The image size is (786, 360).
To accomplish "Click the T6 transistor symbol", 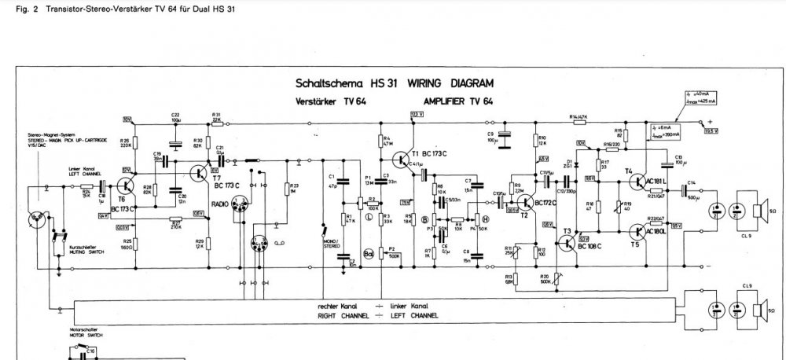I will pyautogui.click(x=127, y=186).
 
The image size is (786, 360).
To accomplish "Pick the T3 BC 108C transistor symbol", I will pyautogui.click(x=568, y=244).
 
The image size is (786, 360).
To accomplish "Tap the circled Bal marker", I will pyautogui.click(x=366, y=255).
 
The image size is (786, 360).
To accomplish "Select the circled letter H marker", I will pyautogui.click(x=487, y=219).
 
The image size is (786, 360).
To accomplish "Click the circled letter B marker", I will pyautogui.click(x=425, y=219).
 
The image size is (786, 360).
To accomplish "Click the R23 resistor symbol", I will pyautogui.click(x=281, y=188).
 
